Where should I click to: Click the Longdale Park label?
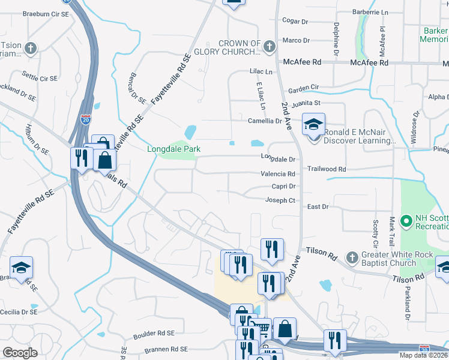(173, 149)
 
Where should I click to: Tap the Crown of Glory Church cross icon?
(270, 45)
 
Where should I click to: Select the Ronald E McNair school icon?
(313, 125)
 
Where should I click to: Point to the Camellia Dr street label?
(265, 121)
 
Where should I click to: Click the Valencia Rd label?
(278, 174)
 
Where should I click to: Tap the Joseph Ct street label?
(280, 200)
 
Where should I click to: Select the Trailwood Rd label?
(327, 170)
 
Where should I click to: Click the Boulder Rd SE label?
(154, 333)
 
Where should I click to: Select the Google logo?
(20, 353)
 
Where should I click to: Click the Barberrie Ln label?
(370, 11)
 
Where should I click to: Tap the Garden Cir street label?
(303, 88)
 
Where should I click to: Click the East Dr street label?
(318, 206)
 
